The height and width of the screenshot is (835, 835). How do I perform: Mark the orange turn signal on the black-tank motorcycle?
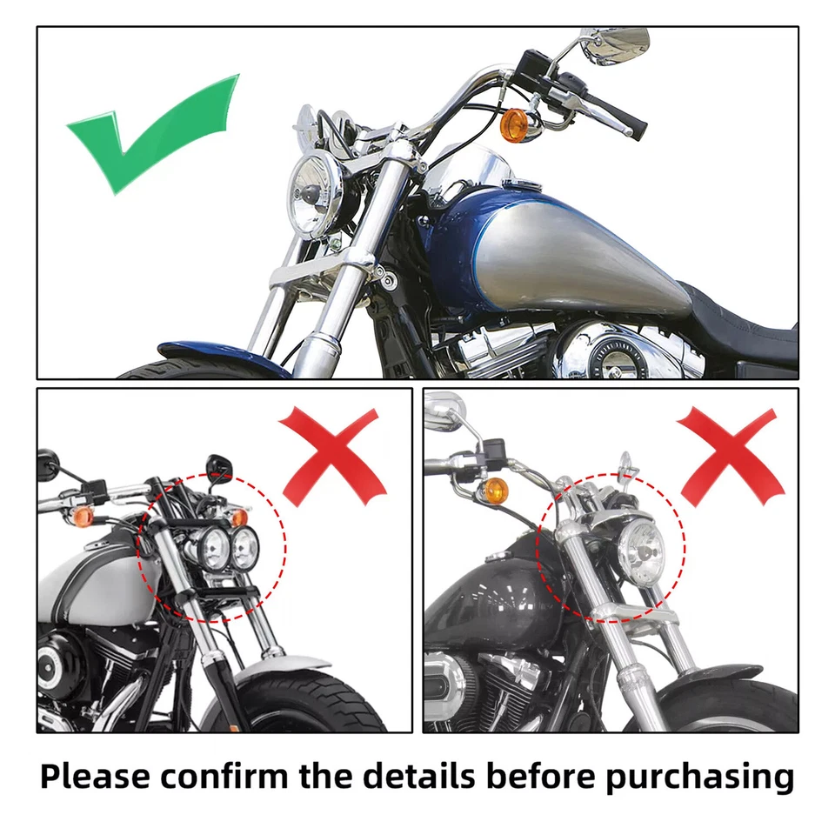point(495,489)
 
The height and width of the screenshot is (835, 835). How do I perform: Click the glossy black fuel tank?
point(496,600)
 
